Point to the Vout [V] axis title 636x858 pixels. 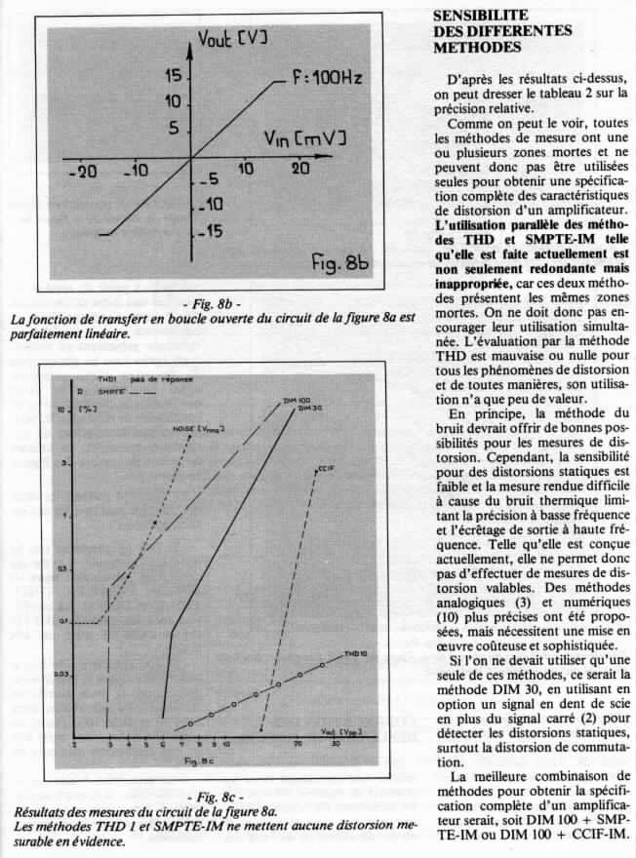(232, 42)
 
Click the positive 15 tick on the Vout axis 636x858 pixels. (174, 77)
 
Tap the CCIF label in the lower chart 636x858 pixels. (327, 470)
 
